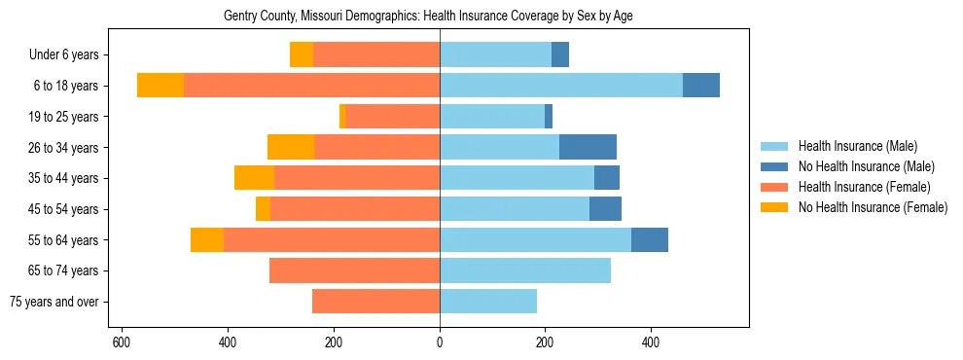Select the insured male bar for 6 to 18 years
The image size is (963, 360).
[x=561, y=86]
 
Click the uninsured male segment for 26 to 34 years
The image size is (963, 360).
[x=588, y=147]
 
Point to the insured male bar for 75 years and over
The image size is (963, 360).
[x=488, y=302]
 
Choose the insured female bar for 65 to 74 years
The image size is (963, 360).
[x=354, y=270]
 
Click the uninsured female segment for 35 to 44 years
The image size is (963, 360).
[x=254, y=178]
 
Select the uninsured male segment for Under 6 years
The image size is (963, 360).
[x=560, y=54]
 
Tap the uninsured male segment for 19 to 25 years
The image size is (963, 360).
[x=549, y=117]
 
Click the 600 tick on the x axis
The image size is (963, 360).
[x=122, y=342]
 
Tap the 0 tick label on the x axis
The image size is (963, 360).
[x=440, y=342]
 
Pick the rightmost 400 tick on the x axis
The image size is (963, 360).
[x=651, y=342]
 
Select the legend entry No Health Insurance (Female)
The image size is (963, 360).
[x=873, y=207]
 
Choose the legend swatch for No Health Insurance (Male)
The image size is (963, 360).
[x=774, y=166]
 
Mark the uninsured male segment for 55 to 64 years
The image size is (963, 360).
[x=650, y=239]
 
